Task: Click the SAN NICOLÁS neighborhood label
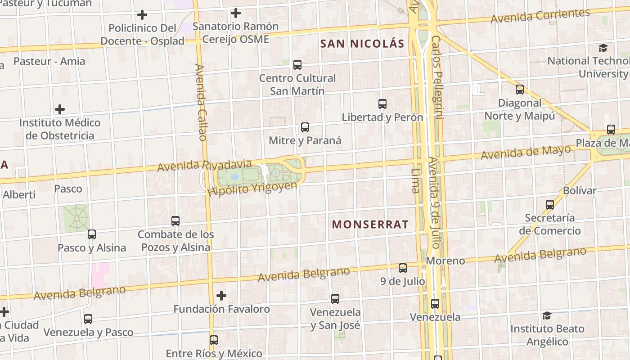point(362,44)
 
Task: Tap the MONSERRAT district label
point(370,224)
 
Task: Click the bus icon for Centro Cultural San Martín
point(297,64)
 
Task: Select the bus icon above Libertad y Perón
point(382,104)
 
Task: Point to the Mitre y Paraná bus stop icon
point(305,127)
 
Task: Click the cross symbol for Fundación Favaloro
point(221,296)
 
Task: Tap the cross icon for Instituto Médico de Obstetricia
point(60,109)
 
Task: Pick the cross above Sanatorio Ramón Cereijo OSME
point(235,13)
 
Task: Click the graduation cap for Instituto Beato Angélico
point(547,315)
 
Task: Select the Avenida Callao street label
point(201,102)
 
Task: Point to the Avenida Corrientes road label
point(540,16)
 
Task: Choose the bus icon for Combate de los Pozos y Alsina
point(175,221)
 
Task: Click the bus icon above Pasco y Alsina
point(92,234)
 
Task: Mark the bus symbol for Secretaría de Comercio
point(550,205)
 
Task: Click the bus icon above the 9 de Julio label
point(403,268)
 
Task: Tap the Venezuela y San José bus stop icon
point(335,298)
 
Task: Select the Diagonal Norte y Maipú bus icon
point(520,90)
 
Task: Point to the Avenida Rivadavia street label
point(204,165)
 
